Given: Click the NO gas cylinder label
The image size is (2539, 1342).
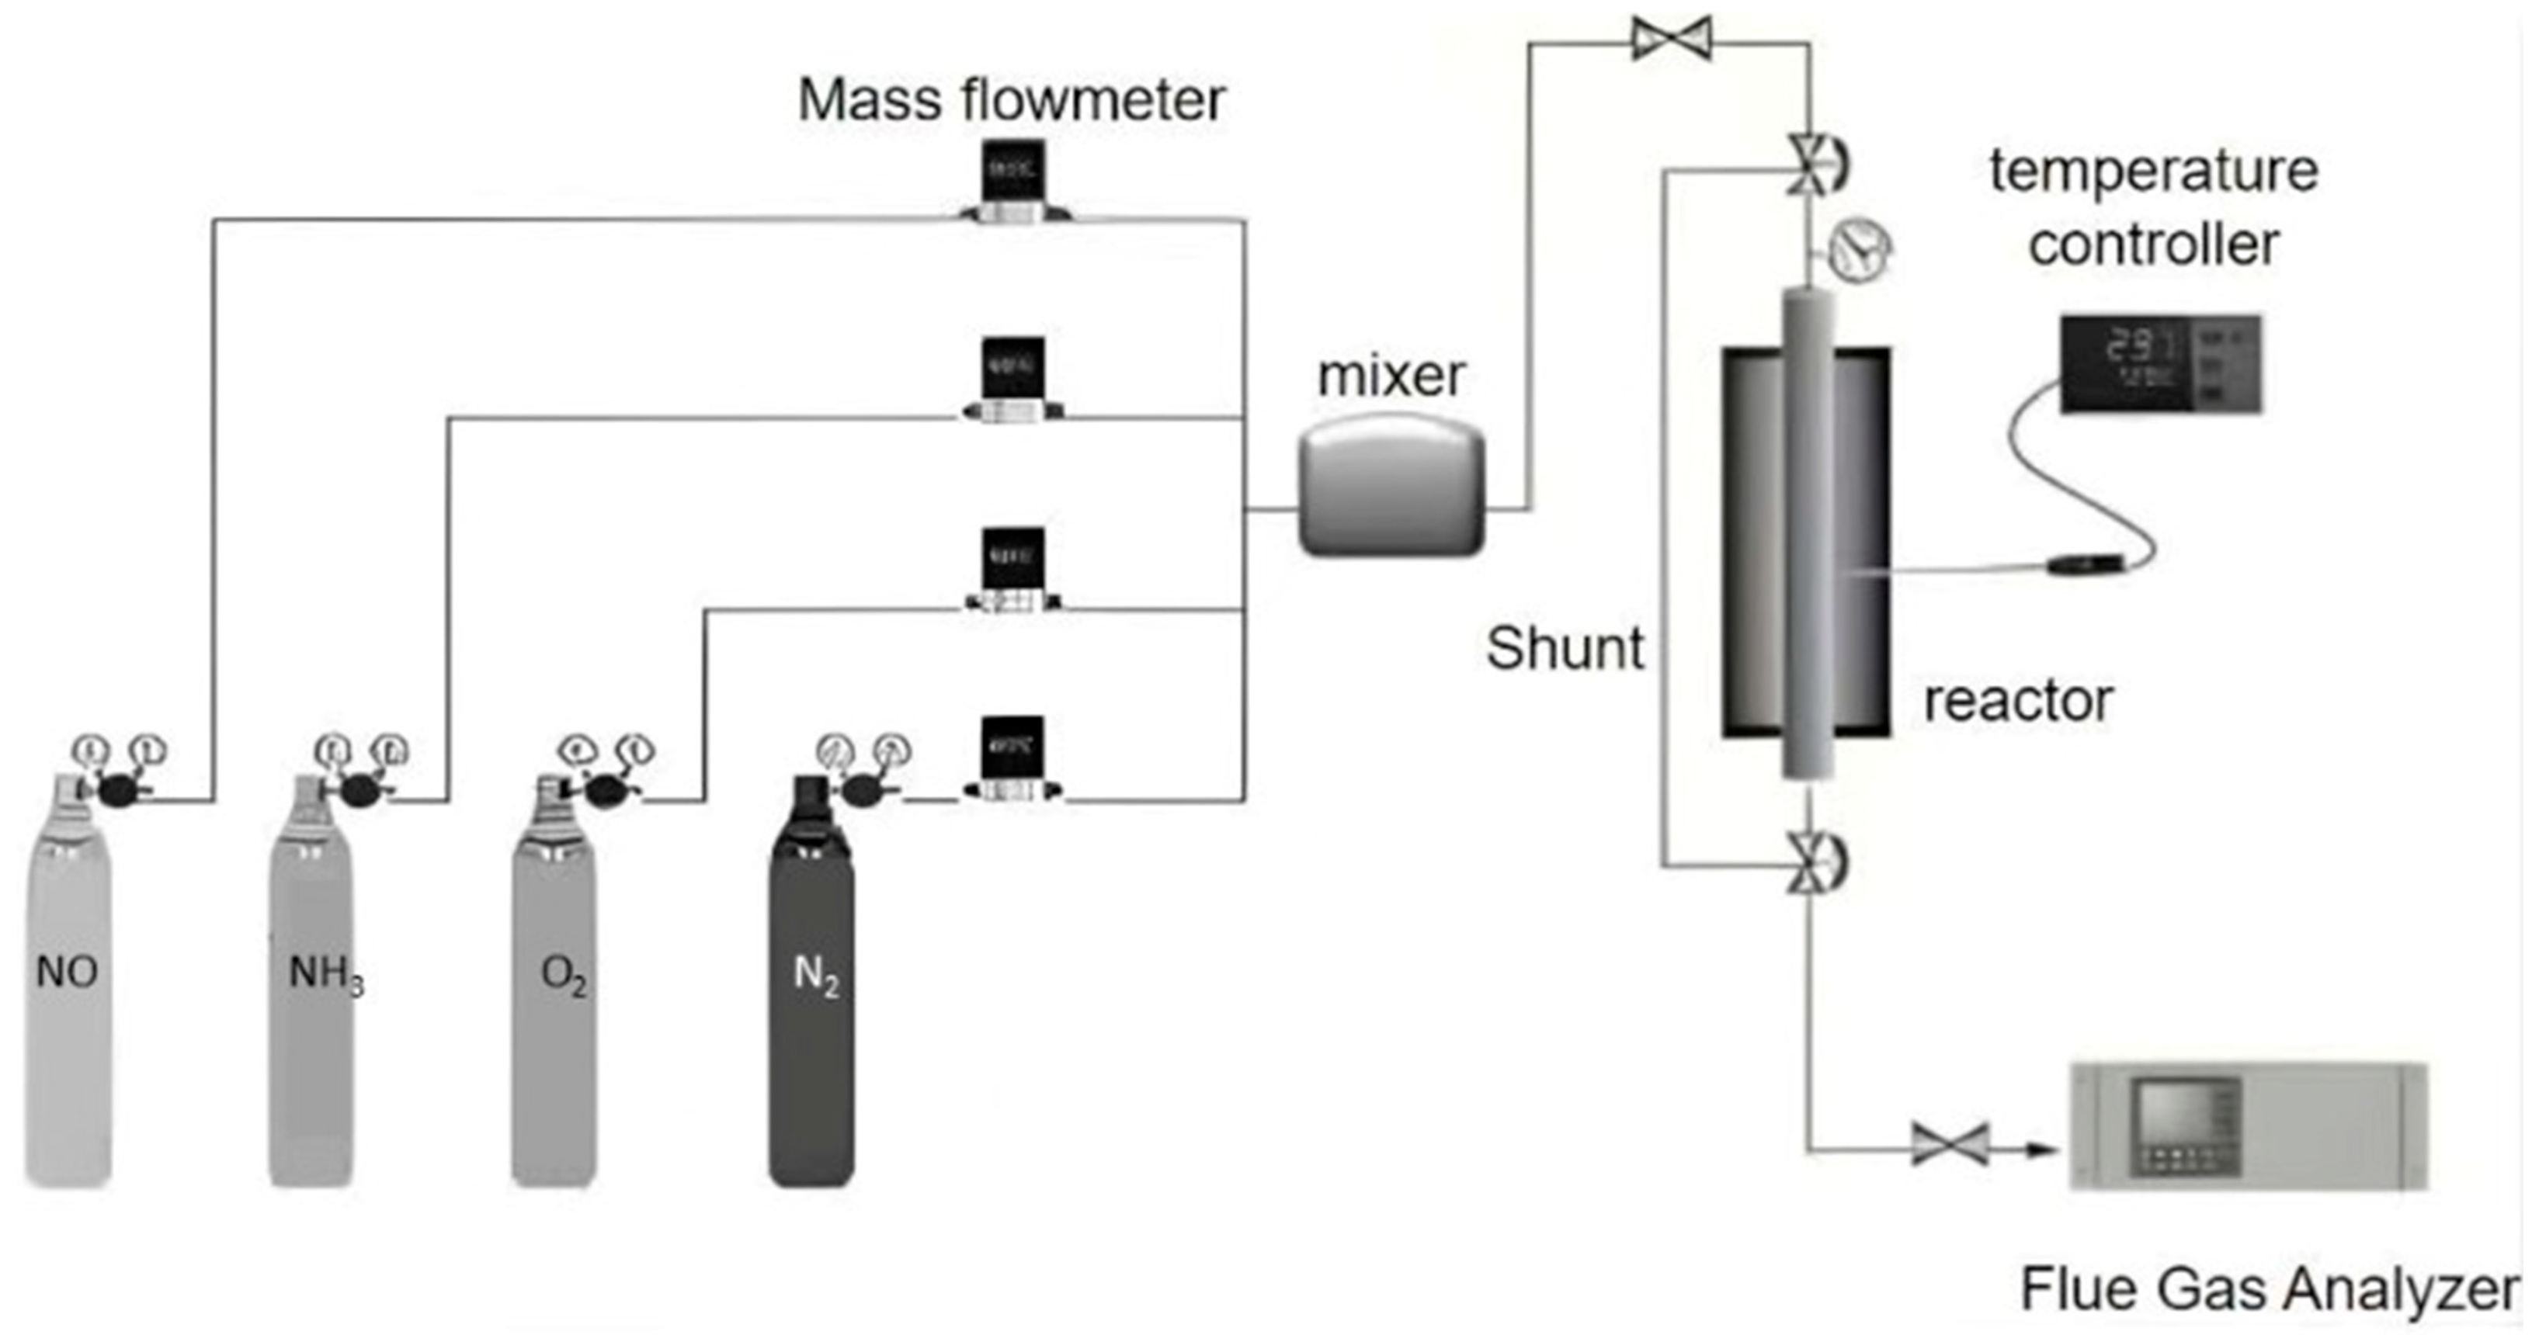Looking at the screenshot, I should (67, 973).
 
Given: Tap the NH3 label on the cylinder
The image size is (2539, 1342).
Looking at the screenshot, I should (325, 974).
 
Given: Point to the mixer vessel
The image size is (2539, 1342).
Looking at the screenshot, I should (1391, 485).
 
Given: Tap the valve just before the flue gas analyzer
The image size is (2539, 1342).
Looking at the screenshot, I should (1950, 1144).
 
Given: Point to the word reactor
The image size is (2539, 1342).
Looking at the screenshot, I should (2017, 701).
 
